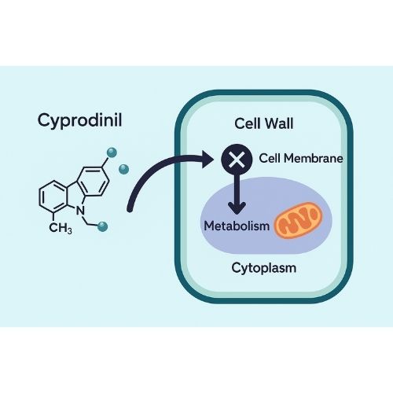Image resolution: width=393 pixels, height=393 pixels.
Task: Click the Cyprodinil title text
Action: [79, 121]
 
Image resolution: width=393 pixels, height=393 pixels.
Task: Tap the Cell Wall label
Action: [263, 123]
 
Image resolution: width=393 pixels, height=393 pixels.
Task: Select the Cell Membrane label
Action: [301, 158]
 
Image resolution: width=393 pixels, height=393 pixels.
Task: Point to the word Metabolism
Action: [237, 226]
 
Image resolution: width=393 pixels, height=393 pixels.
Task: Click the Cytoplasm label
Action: [264, 268]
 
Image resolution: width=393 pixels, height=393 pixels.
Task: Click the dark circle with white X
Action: [237, 159]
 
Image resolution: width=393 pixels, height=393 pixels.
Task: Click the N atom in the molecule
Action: [81, 211]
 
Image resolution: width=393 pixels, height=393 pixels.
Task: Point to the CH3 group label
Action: [61, 228]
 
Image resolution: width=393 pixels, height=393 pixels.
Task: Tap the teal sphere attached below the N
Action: [102, 226]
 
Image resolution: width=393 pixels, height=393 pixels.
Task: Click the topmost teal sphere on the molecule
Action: [112, 152]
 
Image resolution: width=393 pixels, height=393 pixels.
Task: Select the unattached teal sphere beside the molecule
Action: [123, 169]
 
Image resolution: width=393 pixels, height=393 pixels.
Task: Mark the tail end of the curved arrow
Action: [129, 209]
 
